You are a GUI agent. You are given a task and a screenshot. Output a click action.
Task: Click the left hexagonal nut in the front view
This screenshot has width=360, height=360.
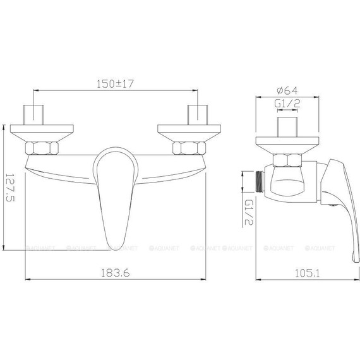click(x=42, y=150)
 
